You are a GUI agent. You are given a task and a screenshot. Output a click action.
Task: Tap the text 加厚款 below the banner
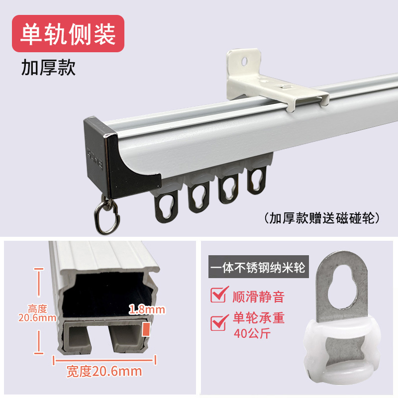point(48,68)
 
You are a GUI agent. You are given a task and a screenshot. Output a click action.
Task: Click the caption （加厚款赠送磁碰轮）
point(322,217)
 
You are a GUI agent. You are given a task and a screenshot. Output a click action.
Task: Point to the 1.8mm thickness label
point(146,310)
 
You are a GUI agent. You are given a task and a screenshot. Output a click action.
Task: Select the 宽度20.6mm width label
point(104,371)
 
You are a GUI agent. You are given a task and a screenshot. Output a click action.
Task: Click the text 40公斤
point(252,333)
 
